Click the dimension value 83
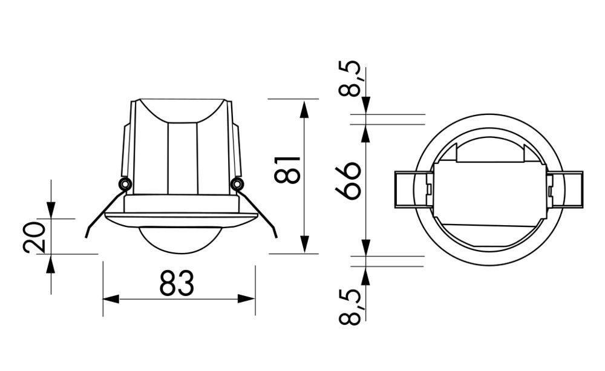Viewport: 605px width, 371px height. tap(177, 283)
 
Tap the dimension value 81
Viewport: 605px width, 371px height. tap(287, 170)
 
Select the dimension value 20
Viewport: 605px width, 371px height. tap(34, 237)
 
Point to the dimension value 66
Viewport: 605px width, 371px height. tap(348, 180)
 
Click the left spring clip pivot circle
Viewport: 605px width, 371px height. tap(124, 183)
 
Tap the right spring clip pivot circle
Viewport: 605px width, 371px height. tap(237, 183)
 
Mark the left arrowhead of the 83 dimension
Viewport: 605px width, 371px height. tap(111, 299)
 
